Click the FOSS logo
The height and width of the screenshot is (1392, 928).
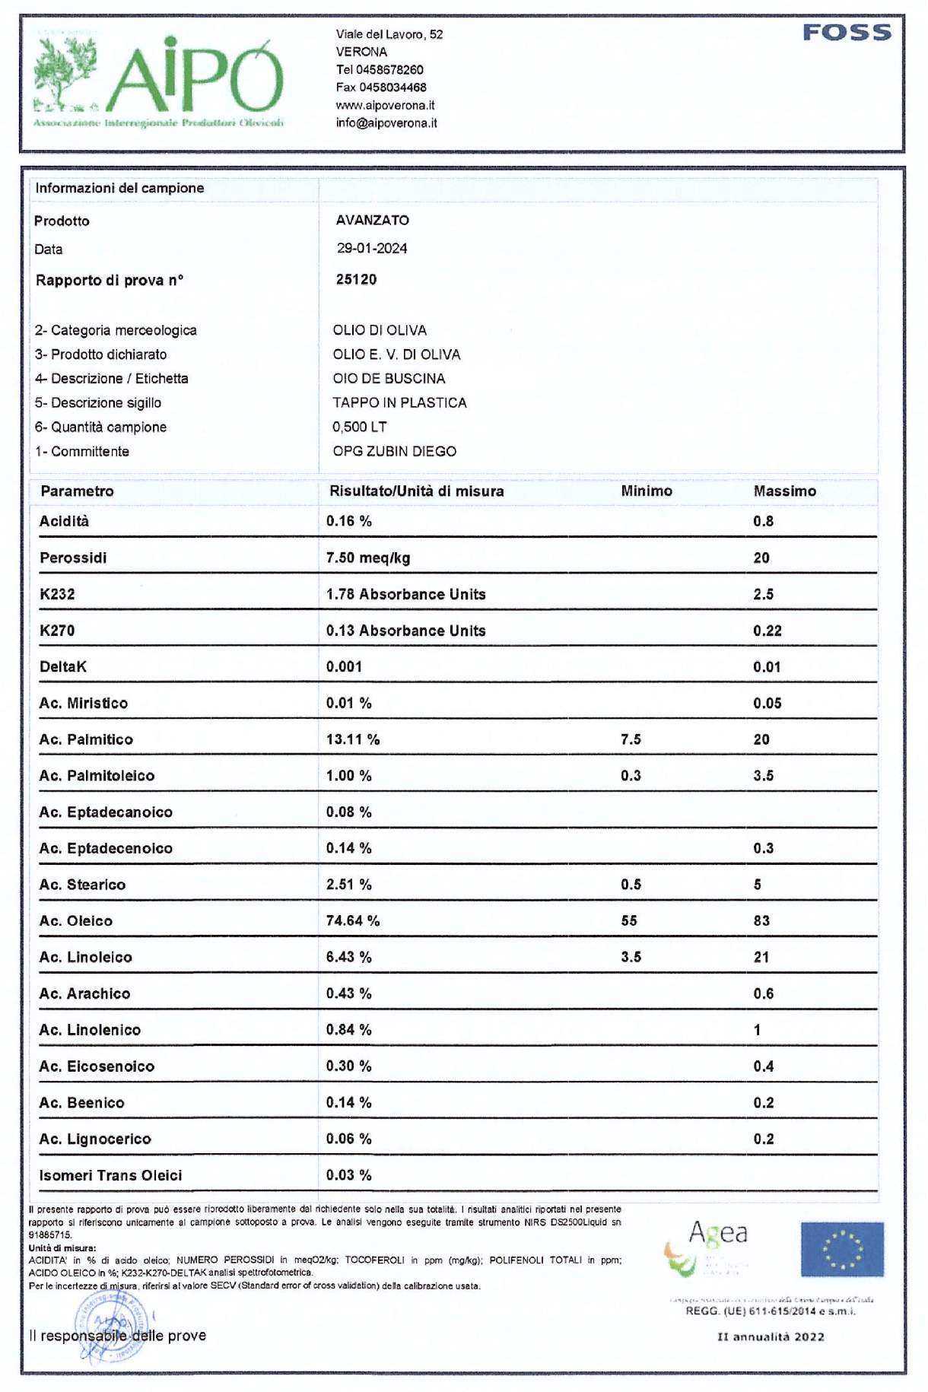coord(847,33)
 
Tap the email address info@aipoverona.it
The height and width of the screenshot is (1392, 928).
coord(386,123)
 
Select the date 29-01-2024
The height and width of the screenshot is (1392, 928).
coord(372,249)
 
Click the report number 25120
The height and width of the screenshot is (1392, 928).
coord(356,279)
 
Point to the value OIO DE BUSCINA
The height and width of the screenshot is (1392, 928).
coord(389,379)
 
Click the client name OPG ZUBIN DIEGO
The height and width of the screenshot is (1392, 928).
coord(394,451)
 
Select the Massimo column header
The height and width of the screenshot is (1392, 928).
coord(784,491)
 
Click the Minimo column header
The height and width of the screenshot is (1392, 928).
coord(646,491)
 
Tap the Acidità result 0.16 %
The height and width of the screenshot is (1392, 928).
coord(348,521)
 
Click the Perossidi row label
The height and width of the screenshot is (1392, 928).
coord(73,558)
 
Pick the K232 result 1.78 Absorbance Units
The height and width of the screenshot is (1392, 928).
coord(405,594)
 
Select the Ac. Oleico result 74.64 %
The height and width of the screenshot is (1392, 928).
coord(352,920)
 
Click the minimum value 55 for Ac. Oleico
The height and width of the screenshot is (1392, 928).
coord(628,920)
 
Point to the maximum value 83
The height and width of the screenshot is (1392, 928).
coord(761,920)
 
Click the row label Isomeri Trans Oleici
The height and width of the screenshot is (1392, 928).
coord(110,1175)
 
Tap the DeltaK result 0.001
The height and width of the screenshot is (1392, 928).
coord(344,667)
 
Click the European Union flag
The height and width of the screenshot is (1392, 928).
coord(842,1249)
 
